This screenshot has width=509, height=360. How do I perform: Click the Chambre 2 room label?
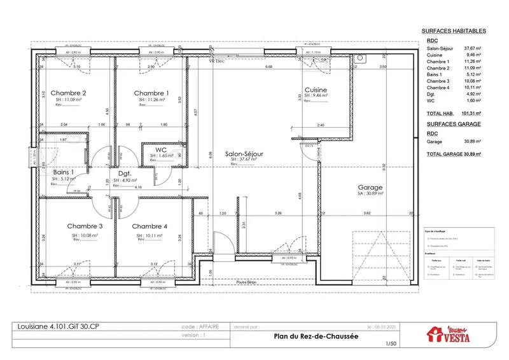coord(68,93)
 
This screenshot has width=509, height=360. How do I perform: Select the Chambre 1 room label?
coord(151,93)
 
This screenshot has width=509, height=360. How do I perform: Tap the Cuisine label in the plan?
coord(316,90)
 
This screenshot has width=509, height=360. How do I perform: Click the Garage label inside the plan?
coord(370,188)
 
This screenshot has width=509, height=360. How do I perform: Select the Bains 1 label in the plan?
coord(64,172)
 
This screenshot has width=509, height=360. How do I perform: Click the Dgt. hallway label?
coord(124,172)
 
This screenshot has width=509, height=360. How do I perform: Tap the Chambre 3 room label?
coord(85,226)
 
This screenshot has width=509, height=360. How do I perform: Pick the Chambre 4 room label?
coord(150,226)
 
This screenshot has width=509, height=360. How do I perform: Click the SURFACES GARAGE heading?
coord(453,123)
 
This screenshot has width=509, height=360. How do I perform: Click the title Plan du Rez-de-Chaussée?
coord(307,337)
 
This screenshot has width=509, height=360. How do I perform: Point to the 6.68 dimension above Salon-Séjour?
coord(268,66)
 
